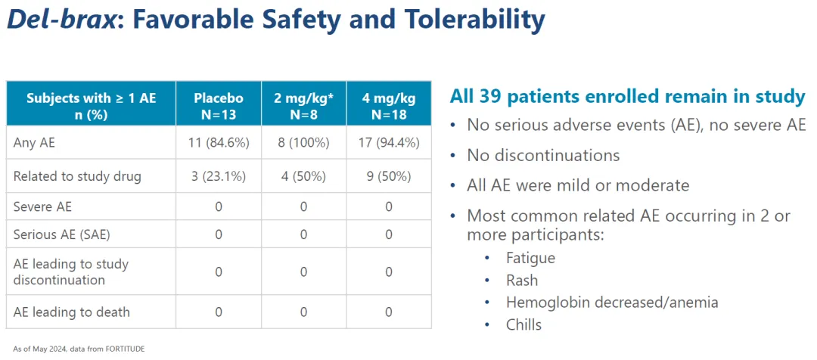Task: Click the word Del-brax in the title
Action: [x=61, y=20]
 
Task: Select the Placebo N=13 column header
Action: [x=219, y=106]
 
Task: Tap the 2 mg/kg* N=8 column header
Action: [x=304, y=106]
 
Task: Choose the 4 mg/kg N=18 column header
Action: [x=389, y=106]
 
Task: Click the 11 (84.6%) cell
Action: [x=219, y=141]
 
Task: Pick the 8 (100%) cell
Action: [x=304, y=141]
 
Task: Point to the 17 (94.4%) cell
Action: [x=389, y=141]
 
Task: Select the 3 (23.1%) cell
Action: [x=219, y=176]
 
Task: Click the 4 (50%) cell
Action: [x=304, y=176]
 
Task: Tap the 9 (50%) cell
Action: [x=389, y=176]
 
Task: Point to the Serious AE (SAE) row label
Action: [x=62, y=234]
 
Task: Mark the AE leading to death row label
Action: [x=72, y=312]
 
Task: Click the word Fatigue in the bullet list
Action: [x=530, y=258]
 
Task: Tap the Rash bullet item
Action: [x=522, y=281]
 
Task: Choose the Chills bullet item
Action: [x=523, y=324]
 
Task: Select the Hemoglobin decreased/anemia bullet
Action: [x=612, y=303]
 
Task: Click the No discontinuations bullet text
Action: [x=543, y=156]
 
